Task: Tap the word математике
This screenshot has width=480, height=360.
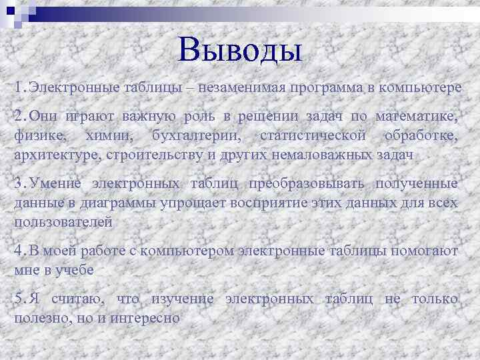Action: click(417, 117)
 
